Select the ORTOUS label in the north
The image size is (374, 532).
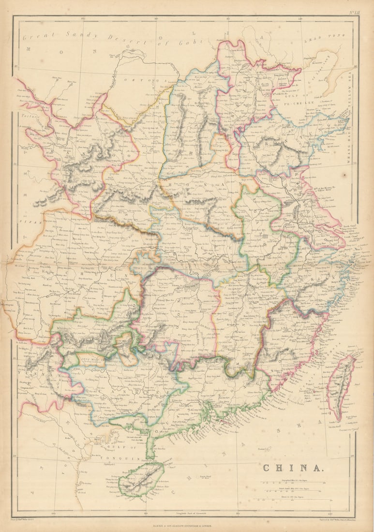click(x=137, y=79)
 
